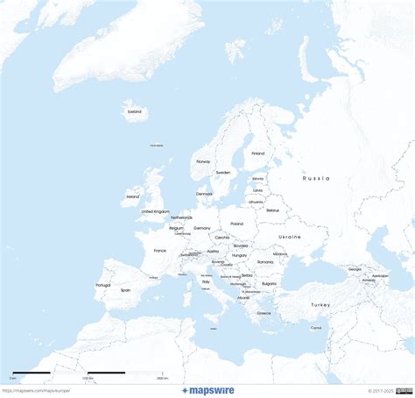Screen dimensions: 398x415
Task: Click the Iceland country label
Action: point(134,112)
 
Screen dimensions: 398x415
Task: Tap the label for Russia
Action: point(316,178)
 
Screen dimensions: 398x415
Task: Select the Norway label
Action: point(203,161)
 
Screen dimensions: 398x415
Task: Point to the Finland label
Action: point(257,153)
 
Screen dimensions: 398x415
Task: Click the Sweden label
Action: point(223,172)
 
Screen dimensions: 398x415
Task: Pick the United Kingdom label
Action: point(155,211)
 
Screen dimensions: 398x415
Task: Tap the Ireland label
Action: point(133,196)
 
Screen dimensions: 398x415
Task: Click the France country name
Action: point(159,251)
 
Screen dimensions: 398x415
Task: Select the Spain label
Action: point(125,289)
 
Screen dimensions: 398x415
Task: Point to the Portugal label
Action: point(103,285)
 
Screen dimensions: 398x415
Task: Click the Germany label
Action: point(202,228)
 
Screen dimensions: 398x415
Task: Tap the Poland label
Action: point(237,224)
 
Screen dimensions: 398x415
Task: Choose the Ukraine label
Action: point(289,237)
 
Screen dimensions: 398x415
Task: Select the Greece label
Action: point(264,312)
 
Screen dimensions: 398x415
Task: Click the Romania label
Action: point(265,261)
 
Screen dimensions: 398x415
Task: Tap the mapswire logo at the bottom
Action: point(207,391)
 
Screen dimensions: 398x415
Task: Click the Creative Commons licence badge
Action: point(404,391)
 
